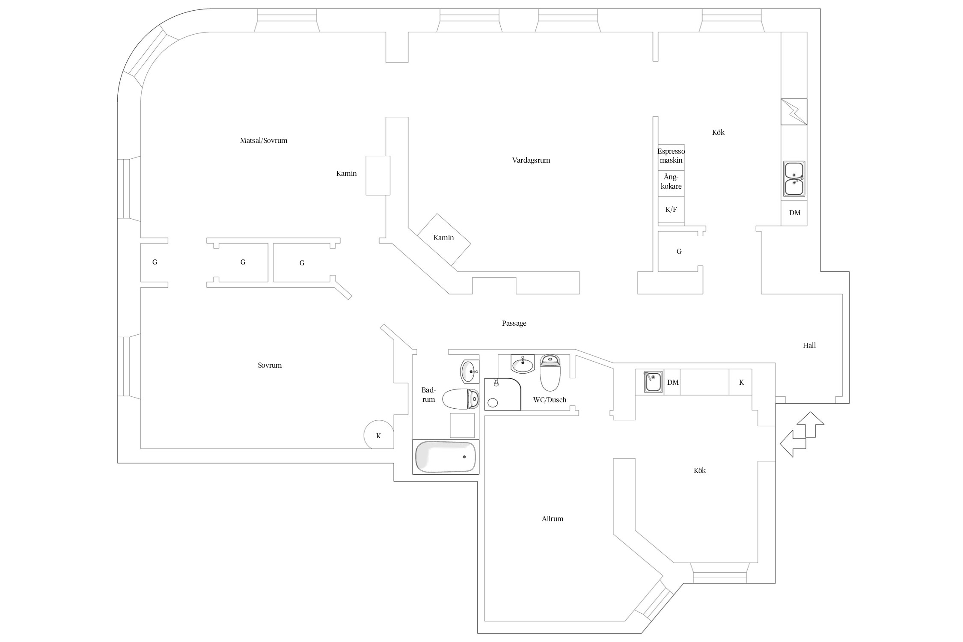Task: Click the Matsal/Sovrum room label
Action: [264, 140]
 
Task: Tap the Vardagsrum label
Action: [531, 160]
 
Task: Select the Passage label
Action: [514, 324]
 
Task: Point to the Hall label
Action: [809, 345]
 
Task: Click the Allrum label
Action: [553, 519]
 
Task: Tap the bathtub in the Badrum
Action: [446, 457]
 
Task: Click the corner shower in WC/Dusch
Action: [502, 394]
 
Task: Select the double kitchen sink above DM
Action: [794, 179]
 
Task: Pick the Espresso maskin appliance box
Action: [671, 157]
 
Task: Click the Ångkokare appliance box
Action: [671, 183]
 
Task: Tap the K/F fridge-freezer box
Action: [671, 210]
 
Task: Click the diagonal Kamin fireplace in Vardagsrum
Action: [444, 239]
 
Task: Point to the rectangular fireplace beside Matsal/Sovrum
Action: [378, 175]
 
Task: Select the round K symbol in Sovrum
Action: [379, 434]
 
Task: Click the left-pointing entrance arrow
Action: [793, 444]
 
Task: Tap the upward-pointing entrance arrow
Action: [811, 425]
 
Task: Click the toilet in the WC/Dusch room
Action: [550, 373]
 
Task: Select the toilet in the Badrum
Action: [461, 399]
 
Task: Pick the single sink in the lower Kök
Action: [653, 382]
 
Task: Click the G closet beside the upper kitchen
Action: [679, 251]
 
